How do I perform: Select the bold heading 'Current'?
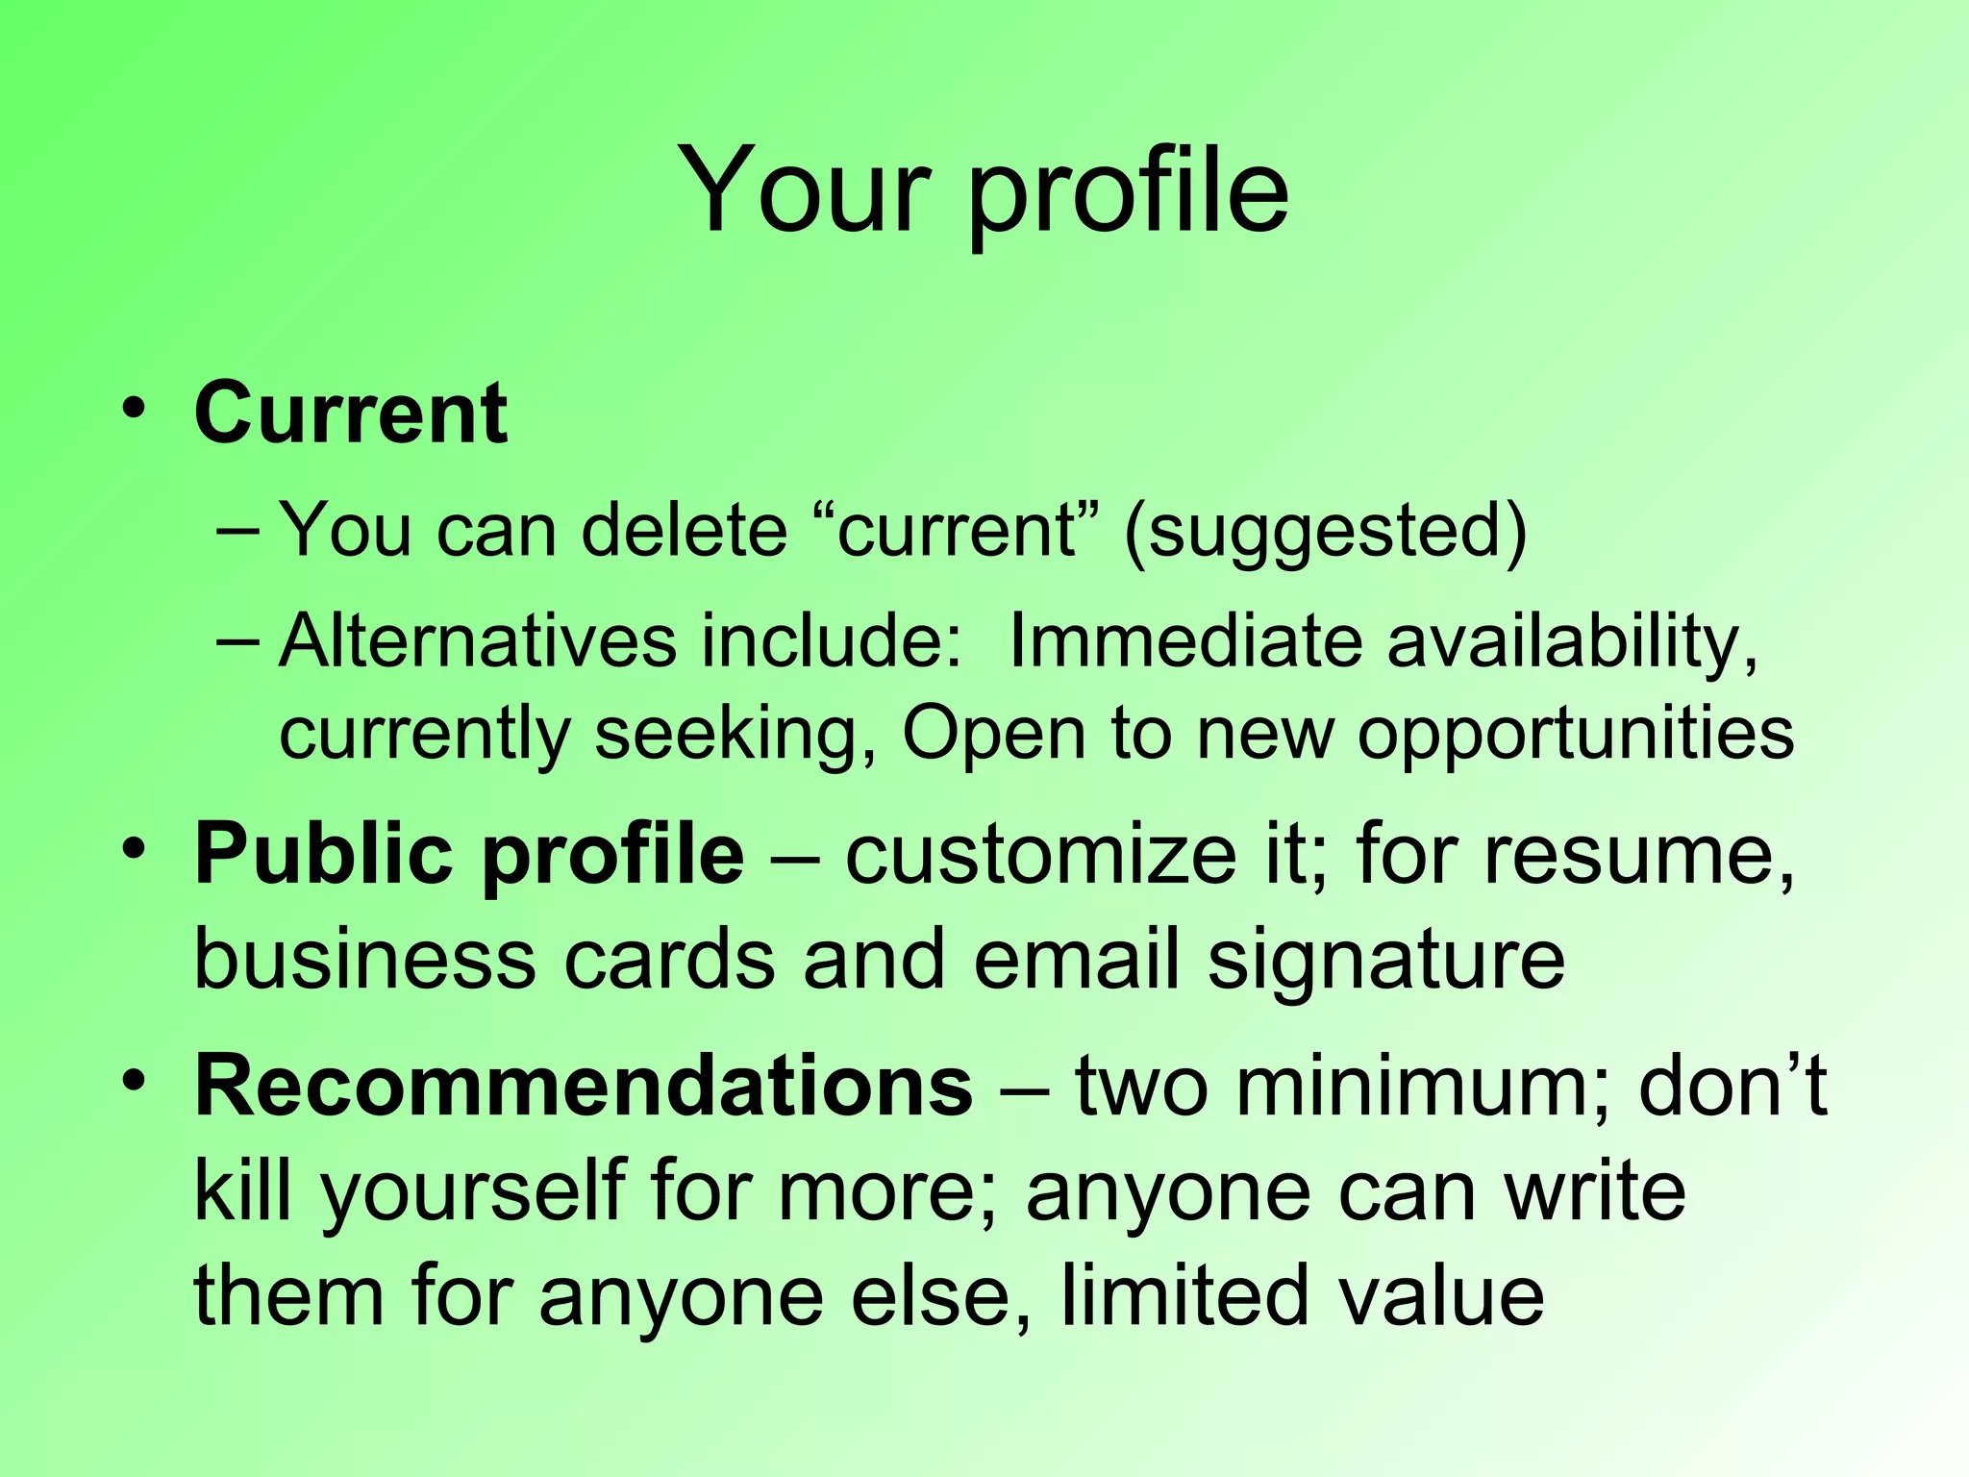pos(351,413)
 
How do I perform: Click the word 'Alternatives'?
pos(478,640)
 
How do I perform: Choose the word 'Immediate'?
pos(1185,640)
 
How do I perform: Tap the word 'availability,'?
pos(1573,642)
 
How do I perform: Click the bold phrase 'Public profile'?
pos(469,855)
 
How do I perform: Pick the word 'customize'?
pos(1040,855)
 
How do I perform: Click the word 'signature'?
pos(1386,961)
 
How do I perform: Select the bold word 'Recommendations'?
pos(584,1087)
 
